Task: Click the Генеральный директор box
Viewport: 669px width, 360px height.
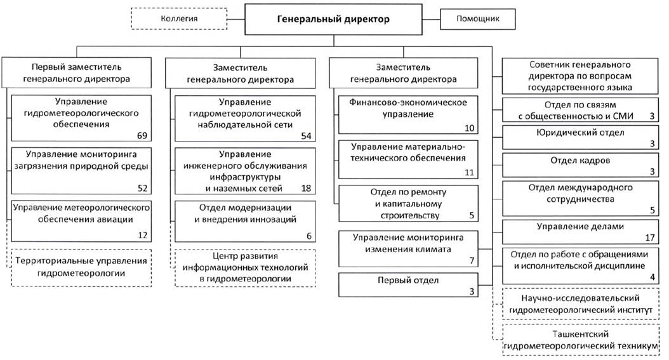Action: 334,19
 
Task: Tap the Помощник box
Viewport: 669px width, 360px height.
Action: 477,18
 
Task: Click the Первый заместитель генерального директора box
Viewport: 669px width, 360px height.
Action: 77,73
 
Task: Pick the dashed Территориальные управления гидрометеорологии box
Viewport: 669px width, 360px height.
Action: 81,267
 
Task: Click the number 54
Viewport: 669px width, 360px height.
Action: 307,135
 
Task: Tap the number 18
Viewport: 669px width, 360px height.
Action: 307,188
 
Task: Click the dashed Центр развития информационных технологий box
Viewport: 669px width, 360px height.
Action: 246,267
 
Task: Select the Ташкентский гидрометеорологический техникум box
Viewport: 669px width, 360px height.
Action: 579,339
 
